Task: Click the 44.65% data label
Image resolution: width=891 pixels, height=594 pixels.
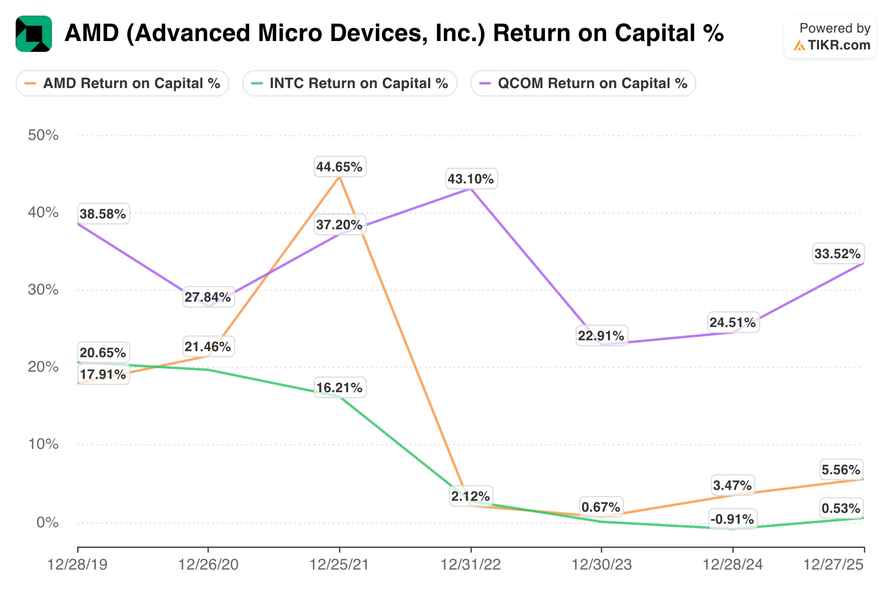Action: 339,167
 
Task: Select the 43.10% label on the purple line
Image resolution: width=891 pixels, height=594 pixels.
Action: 471,179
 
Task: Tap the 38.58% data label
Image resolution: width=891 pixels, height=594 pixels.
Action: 103,214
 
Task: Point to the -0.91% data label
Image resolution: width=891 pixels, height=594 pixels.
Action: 732,519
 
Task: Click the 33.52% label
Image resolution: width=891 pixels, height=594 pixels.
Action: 838,253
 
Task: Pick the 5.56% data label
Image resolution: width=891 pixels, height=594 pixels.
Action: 841,470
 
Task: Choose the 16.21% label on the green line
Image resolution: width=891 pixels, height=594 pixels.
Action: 339,388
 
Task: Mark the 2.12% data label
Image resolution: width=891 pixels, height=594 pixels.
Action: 471,496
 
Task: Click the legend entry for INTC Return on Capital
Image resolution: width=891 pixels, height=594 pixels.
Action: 350,84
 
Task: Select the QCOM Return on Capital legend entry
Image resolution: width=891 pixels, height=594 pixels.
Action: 583,84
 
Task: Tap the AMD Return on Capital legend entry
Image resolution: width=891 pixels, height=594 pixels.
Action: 123,84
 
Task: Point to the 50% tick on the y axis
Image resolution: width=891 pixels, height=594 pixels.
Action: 43,135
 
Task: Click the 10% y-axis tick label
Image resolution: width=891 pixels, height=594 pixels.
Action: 43,444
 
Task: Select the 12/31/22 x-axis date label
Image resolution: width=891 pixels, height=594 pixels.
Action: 471,565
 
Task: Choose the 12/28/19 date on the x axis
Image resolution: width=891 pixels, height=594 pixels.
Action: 78,565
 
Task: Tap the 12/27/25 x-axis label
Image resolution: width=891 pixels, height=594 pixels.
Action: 834,565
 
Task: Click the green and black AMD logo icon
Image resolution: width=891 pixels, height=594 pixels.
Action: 34,34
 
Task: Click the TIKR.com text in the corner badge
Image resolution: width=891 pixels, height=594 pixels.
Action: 839,45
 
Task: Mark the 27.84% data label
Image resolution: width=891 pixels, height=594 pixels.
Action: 208,297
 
